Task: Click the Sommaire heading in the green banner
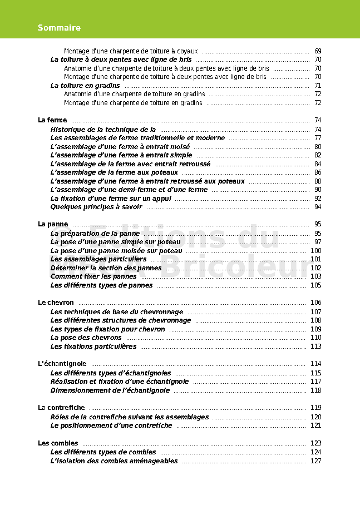(x=59, y=28)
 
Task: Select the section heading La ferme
(x=52, y=120)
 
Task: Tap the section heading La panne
(x=53, y=224)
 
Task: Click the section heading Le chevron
(x=56, y=303)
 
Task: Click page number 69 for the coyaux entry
(x=318, y=51)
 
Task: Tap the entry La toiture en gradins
(x=85, y=86)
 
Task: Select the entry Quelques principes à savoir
(x=96, y=207)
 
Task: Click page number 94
(x=318, y=207)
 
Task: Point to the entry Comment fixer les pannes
(x=93, y=276)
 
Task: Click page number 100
(x=315, y=251)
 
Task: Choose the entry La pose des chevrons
(x=86, y=338)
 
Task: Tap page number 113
(x=315, y=346)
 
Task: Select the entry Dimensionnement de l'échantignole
(x=110, y=390)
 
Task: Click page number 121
(x=315, y=425)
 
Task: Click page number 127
(x=315, y=461)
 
